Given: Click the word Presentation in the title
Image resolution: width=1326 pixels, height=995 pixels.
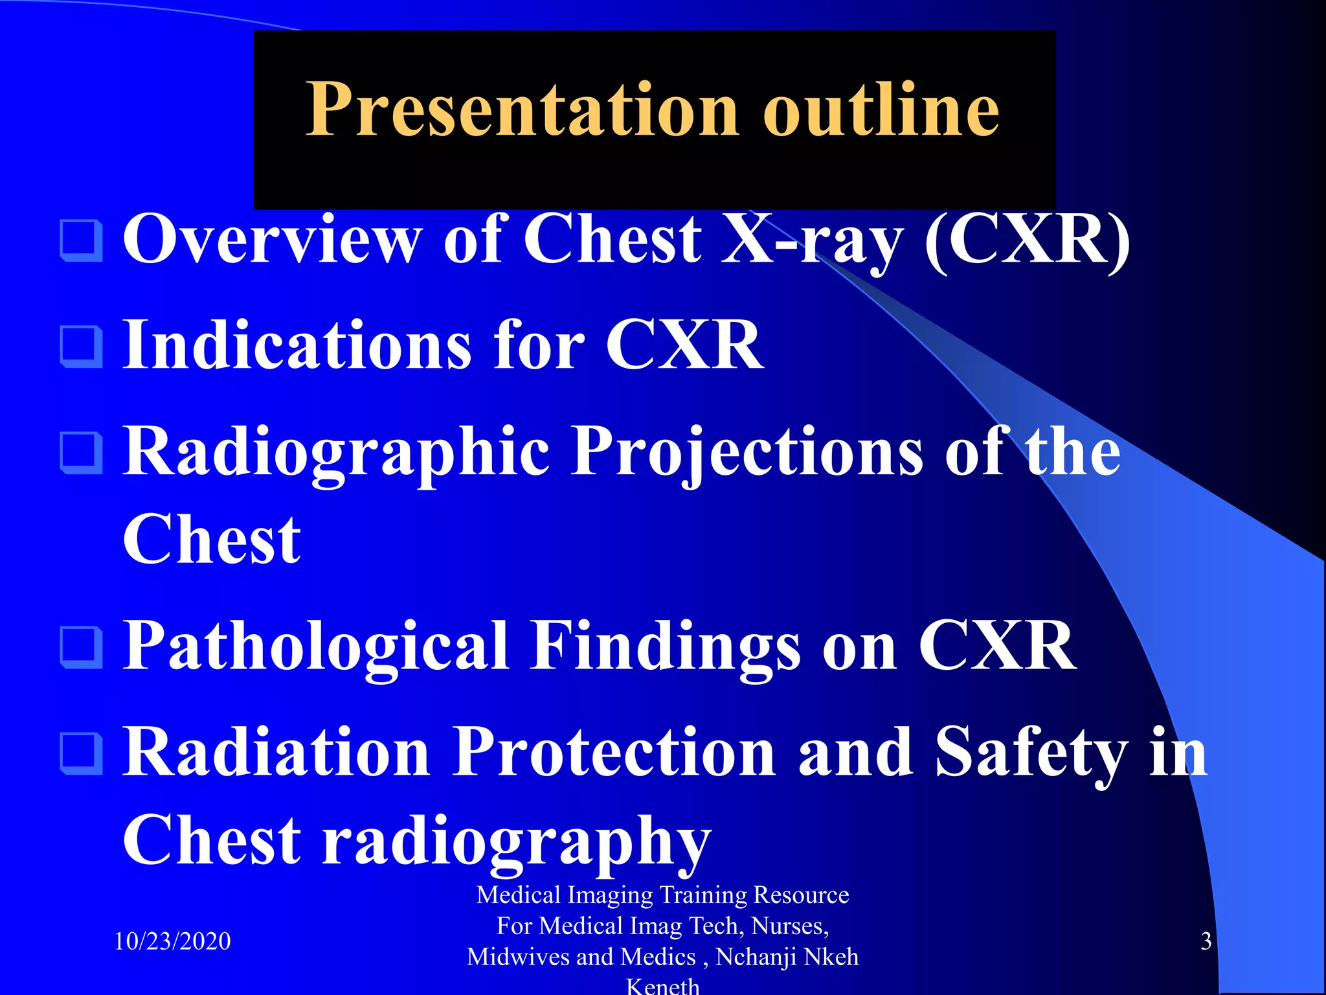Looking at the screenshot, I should point(521,110).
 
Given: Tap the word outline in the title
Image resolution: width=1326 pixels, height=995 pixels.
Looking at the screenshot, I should point(881,110).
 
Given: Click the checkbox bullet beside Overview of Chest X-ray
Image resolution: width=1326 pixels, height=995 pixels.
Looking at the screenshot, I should point(82,241).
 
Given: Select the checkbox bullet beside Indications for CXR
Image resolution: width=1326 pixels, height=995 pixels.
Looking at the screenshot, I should point(82,347).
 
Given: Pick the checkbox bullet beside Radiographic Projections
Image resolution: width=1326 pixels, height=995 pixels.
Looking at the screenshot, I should point(82,453).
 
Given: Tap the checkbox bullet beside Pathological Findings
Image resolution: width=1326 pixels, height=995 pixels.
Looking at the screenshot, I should point(82,647).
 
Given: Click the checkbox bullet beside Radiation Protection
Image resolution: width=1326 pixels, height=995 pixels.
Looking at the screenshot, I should point(82,753).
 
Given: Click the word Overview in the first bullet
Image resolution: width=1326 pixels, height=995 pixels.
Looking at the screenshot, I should point(272,240).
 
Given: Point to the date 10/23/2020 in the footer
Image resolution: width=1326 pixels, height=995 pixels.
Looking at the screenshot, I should point(172,941).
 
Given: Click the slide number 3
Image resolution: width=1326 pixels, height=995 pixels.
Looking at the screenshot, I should point(1206,941).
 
